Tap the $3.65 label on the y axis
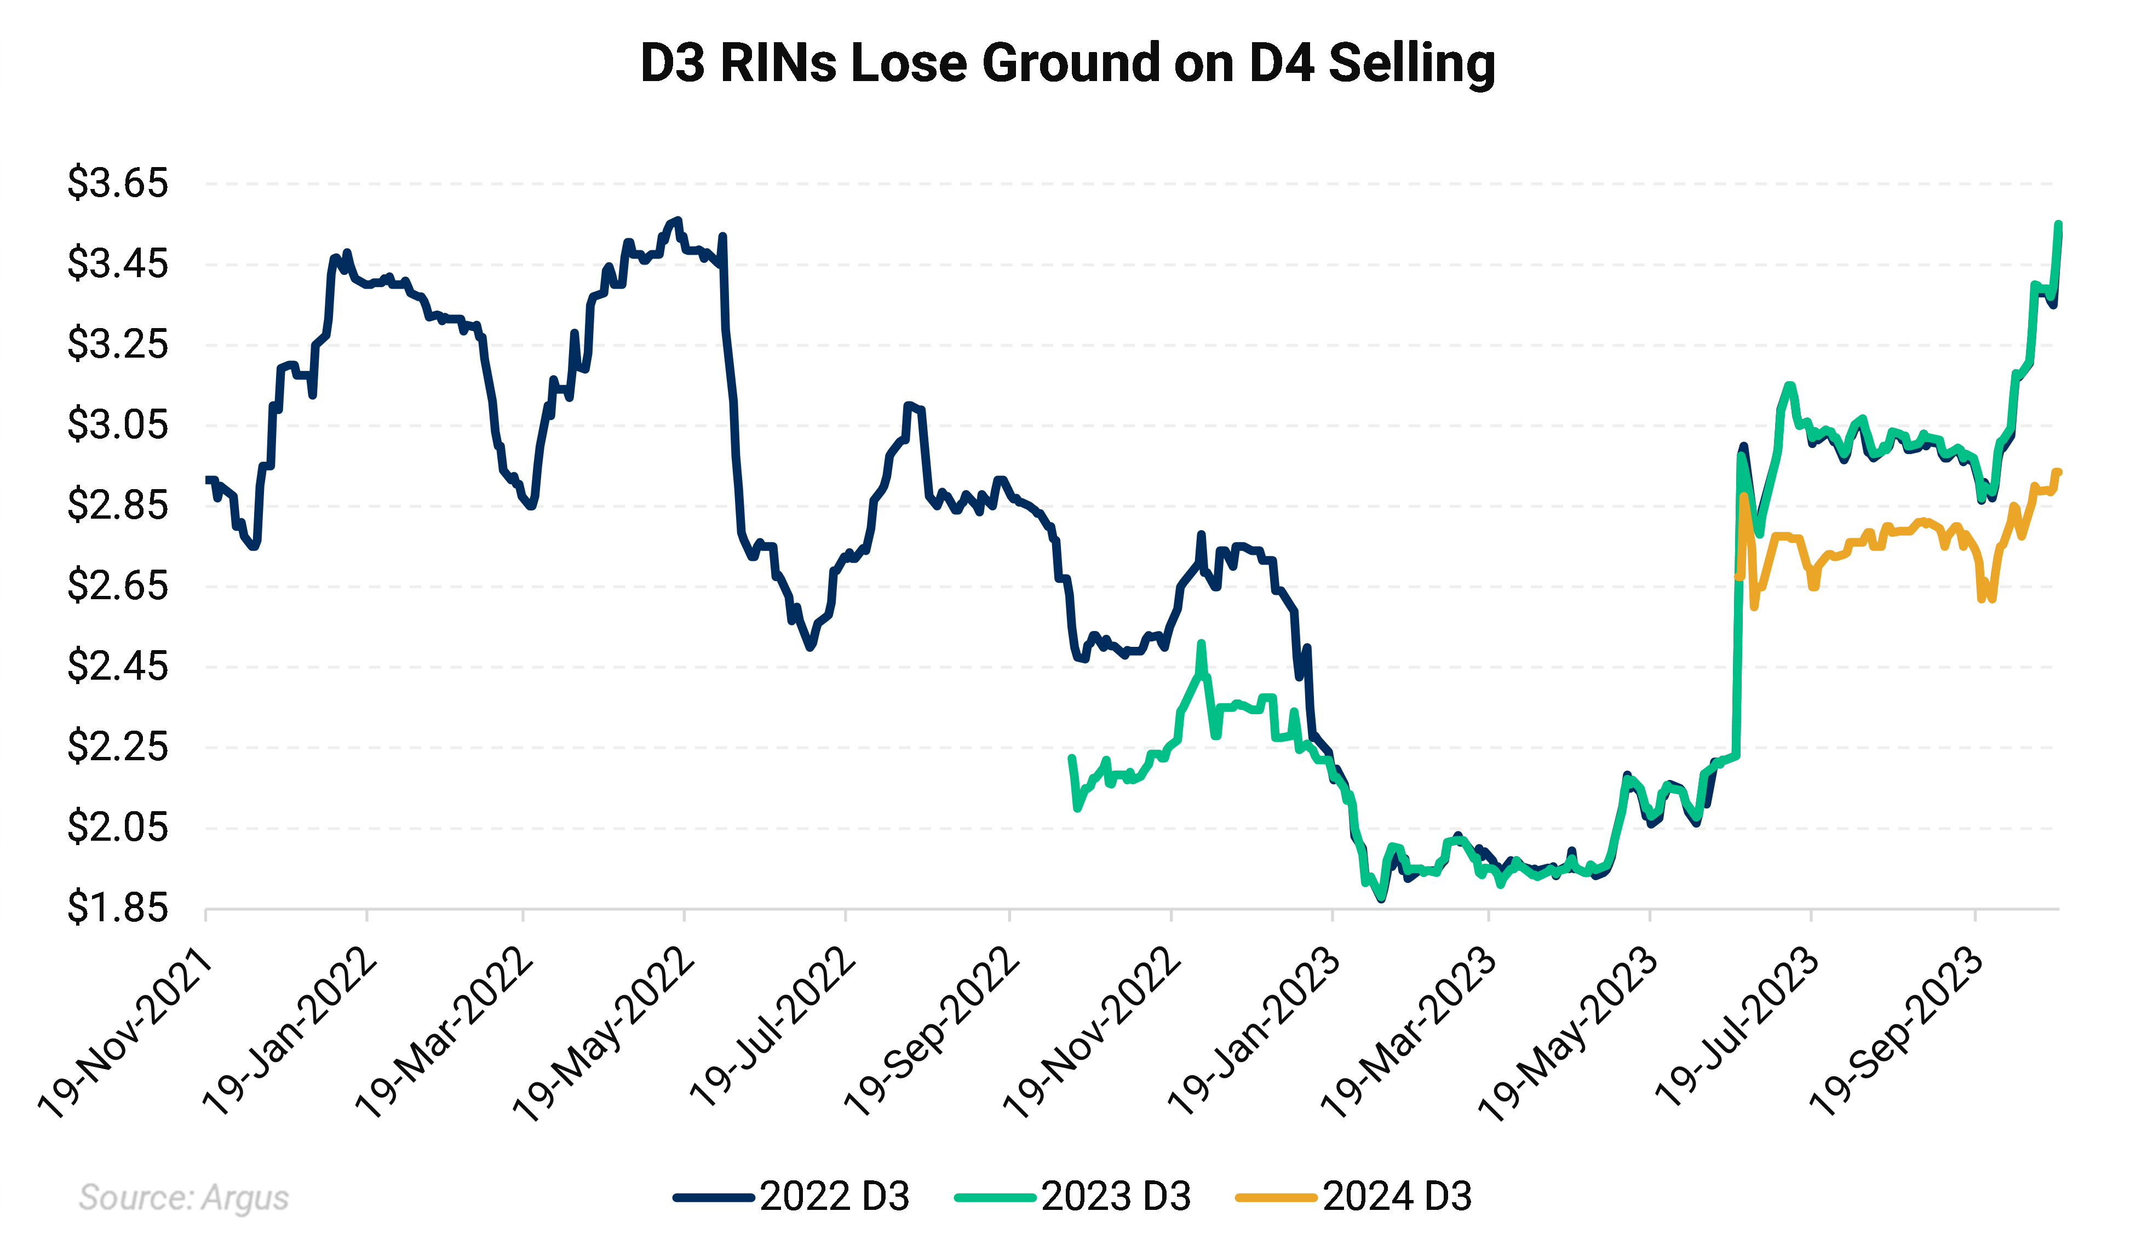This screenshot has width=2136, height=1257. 118,183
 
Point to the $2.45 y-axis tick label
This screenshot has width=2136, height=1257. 118,666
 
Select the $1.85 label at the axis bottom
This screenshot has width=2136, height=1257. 118,908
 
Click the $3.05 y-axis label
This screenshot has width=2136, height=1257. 118,424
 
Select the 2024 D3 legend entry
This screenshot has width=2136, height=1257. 1354,1197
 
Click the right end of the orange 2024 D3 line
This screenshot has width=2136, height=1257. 2058,472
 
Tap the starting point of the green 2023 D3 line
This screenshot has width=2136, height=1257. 1071,757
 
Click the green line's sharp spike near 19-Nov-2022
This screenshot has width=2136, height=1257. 1200,644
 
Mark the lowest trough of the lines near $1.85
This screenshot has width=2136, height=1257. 1382,898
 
